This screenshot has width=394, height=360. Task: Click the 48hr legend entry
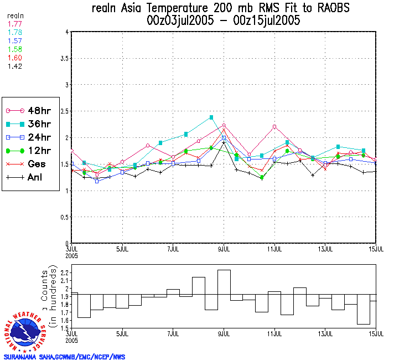coord(30,111)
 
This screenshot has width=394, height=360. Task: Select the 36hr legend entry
coord(30,124)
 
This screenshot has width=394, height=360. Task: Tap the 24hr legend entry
coord(30,137)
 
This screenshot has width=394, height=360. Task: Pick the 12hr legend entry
coord(30,151)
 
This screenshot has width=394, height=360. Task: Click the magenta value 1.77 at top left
coord(15,24)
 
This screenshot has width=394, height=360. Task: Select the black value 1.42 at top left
coord(15,66)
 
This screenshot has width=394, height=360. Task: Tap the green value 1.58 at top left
coord(15,49)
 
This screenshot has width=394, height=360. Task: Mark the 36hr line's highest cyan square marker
coord(211,117)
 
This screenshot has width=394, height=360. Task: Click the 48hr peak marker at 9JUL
coord(224,125)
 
